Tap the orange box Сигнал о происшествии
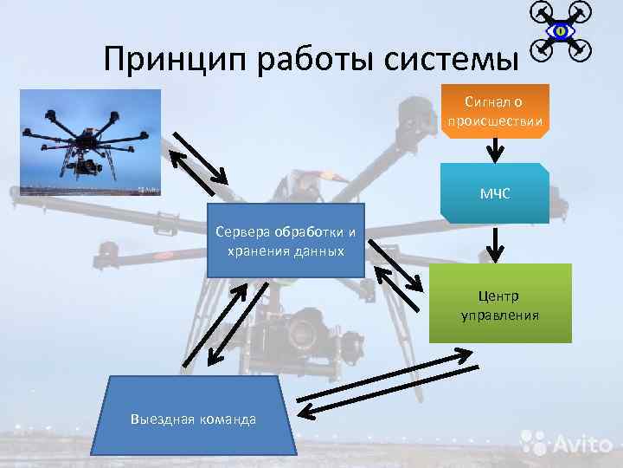495,110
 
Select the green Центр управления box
501,302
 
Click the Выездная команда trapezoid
194,417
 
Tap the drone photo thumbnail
90,141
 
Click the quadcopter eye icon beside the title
560,32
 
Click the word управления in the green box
500,315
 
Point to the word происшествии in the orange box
495,120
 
